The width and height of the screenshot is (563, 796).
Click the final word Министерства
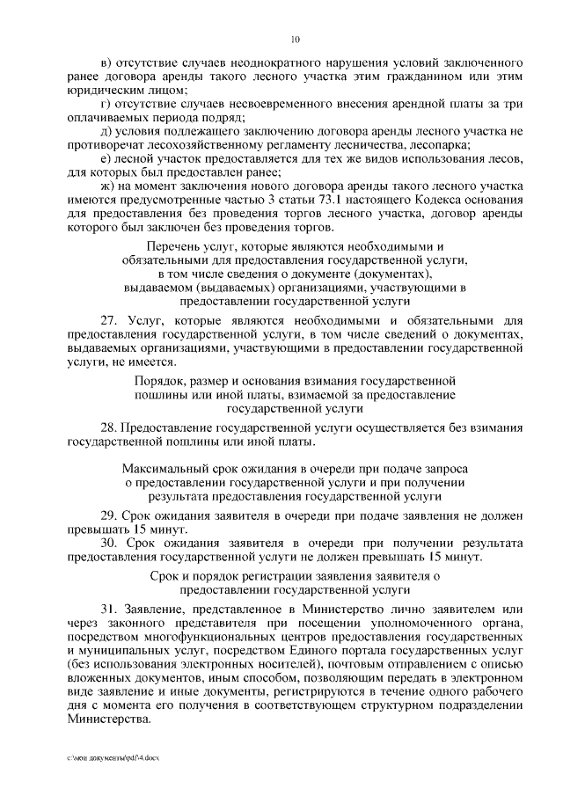point(108,716)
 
